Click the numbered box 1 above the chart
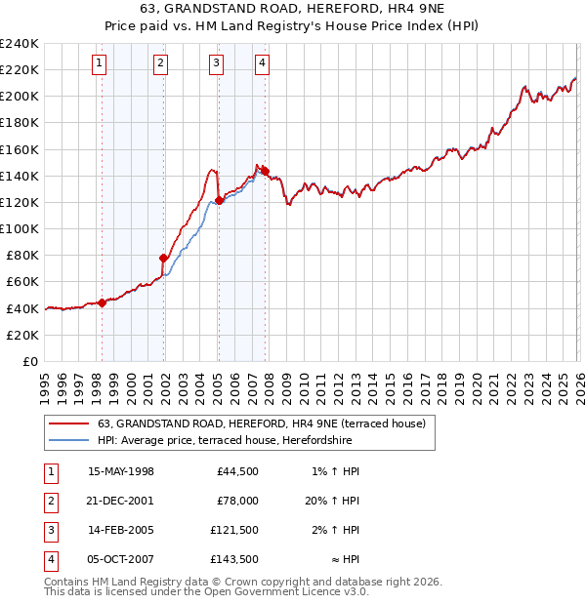click(x=101, y=64)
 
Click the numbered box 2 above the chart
click(x=160, y=64)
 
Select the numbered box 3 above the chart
click(x=216, y=64)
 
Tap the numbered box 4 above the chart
click(x=263, y=64)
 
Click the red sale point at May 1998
click(x=102, y=302)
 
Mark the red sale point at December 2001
click(x=164, y=258)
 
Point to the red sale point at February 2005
click(x=219, y=200)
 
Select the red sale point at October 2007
click(x=265, y=171)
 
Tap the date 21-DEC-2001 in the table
click(x=121, y=500)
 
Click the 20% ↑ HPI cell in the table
click(x=332, y=500)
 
